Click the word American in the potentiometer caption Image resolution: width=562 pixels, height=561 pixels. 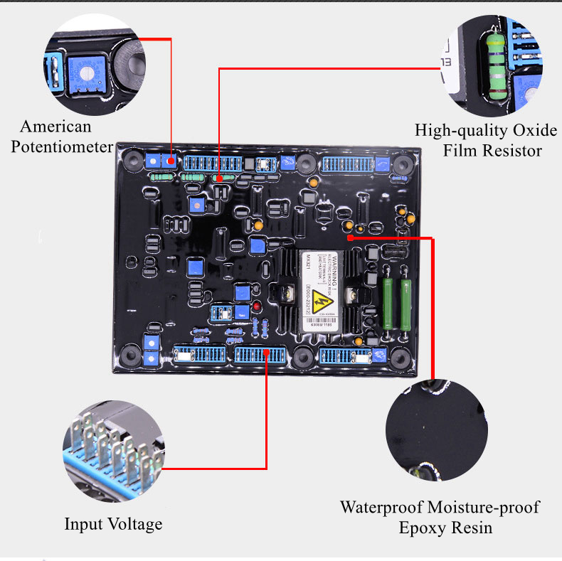pyautogui.click(x=56, y=127)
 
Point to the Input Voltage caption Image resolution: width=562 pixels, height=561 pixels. pyautogui.click(x=113, y=525)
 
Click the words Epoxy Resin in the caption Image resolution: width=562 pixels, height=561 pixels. pyautogui.click(x=445, y=528)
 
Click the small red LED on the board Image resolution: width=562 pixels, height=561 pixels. pyautogui.click(x=256, y=306)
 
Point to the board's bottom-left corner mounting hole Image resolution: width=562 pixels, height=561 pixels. pyautogui.click(x=129, y=353)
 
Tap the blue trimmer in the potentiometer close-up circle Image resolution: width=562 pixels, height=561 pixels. pyautogui.click(x=83, y=70)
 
